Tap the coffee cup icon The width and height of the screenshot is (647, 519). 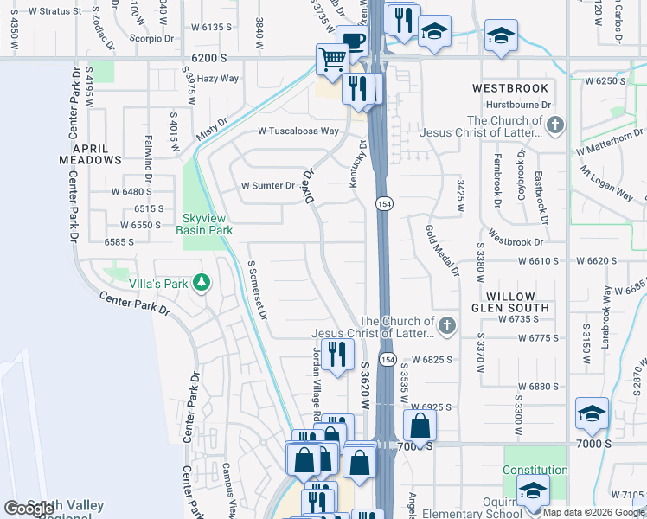coord(351,41)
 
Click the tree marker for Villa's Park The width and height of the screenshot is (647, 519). coord(202,282)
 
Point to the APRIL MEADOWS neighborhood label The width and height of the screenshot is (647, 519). coord(90,154)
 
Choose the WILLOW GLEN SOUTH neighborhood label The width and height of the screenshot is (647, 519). coord(510,302)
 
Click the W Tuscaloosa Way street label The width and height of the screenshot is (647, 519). coord(298,131)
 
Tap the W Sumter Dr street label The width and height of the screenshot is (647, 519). coord(267,185)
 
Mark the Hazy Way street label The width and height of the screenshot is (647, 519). coord(217,79)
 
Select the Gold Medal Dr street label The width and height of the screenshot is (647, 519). coord(440,250)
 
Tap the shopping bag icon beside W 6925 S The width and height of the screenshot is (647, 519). coord(420,425)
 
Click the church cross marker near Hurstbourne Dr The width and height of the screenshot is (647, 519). coord(555,126)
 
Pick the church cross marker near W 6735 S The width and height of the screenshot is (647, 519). coord(446,326)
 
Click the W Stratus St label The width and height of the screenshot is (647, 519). coord(54,12)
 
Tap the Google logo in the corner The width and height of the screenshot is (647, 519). coord(30,509)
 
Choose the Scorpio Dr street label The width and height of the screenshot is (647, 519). coord(152,38)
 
